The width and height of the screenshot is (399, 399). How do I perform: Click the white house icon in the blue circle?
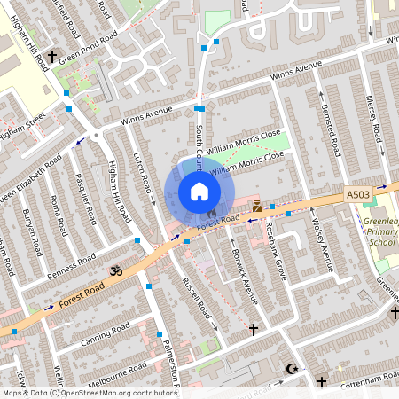pos(199,192)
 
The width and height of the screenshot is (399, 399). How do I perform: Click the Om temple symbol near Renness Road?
pos(114,269)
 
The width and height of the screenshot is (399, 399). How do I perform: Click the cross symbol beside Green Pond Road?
pos(52,57)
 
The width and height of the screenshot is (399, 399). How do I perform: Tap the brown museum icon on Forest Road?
pos(257,206)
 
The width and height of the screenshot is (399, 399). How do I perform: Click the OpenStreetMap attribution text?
pos(90,393)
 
